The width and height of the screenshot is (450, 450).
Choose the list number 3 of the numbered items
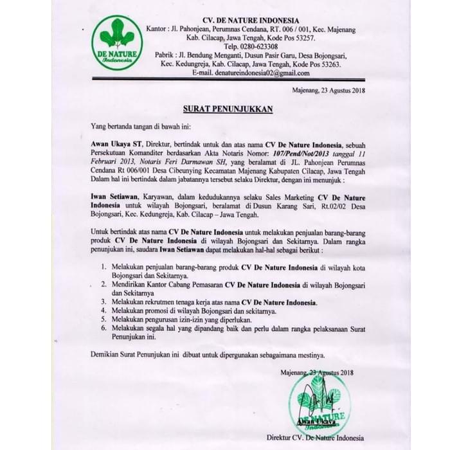(x=105, y=301)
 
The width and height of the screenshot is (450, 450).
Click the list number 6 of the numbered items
(x=105, y=328)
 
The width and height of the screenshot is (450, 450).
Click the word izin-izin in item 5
(x=201, y=319)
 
